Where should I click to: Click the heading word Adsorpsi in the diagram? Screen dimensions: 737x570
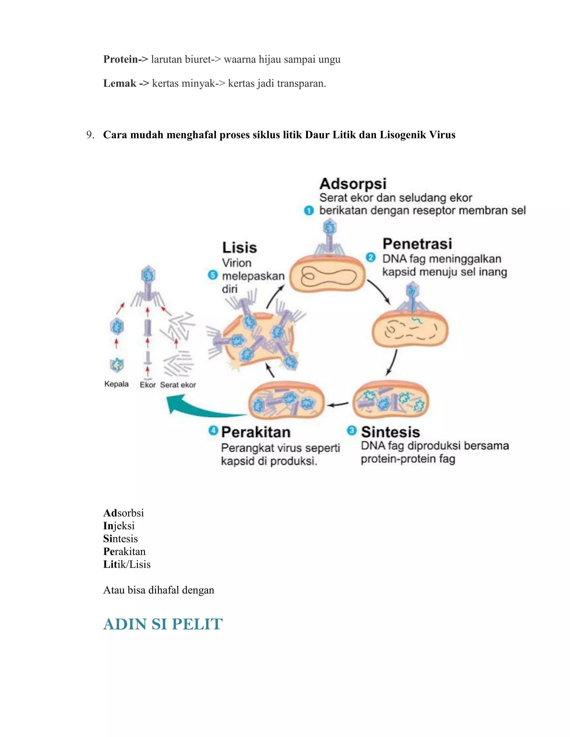353,184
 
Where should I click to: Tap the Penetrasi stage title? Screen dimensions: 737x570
417,244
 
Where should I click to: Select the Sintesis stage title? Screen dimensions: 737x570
390,432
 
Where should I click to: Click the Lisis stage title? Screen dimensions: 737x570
239,248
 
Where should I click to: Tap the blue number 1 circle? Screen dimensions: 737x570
309,211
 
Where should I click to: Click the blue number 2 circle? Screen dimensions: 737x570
370,258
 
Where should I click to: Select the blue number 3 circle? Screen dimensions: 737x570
352,431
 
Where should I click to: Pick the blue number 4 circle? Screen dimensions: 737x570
213,431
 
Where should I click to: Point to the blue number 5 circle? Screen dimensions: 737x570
213,275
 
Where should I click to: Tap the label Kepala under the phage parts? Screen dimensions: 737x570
117,384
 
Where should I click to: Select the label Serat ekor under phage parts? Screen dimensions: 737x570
178,385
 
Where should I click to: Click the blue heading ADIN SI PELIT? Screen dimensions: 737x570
163,624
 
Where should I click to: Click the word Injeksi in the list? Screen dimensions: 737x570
119,526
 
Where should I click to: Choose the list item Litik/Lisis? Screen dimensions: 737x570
127,564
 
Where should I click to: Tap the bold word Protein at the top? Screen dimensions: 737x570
121,60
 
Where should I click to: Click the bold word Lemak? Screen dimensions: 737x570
119,83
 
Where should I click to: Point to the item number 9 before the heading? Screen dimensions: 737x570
90,135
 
